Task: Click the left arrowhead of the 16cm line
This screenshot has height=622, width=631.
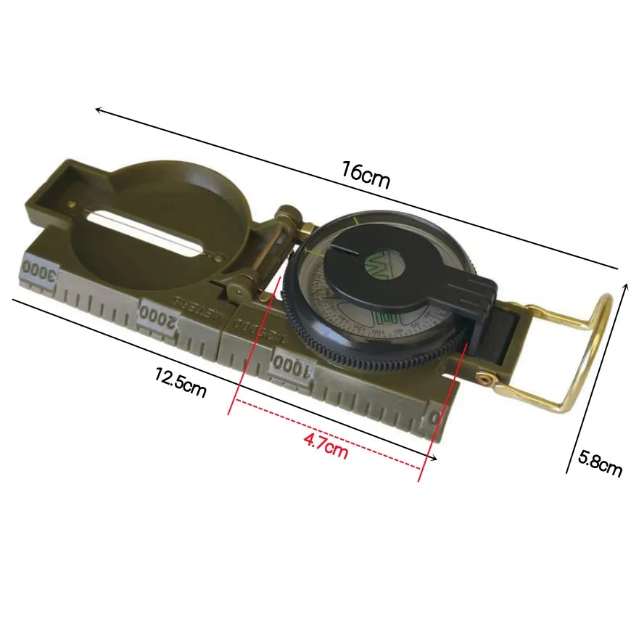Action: click(x=98, y=110)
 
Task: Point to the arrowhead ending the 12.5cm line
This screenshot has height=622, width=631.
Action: click(x=434, y=457)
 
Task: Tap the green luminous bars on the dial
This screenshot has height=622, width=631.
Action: click(x=389, y=317)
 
